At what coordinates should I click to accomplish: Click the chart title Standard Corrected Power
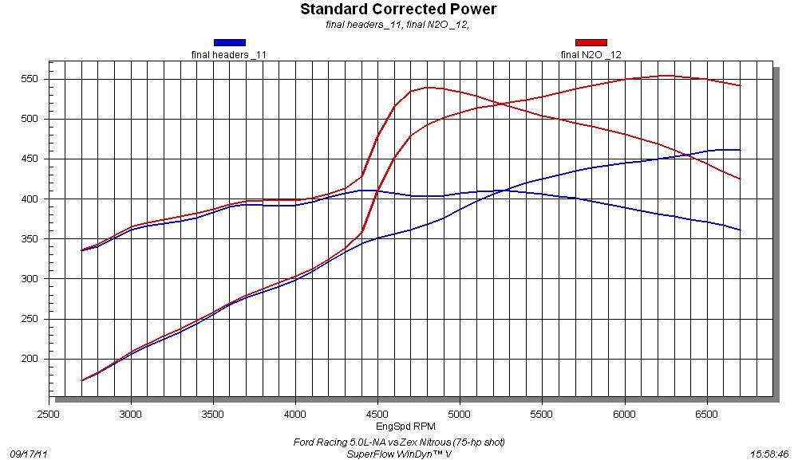tap(398, 10)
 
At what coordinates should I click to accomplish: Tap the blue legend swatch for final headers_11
tap(229, 43)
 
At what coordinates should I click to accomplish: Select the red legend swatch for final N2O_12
tap(591, 43)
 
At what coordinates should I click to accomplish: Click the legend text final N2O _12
tap(591, 54)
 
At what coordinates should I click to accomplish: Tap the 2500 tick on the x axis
tap(49, 415)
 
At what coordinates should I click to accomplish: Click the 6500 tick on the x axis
tap(707, 415)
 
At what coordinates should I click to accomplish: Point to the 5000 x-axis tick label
tap(460, 415)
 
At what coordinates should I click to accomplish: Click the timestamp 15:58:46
tap(769, 453)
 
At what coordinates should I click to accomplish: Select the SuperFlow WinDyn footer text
tap(399, 453)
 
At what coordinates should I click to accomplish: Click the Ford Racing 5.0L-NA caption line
tap(398, 442)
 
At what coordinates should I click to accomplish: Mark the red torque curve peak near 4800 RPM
tap(429, 87)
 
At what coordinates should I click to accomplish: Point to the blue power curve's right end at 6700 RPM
tap(741, 150)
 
